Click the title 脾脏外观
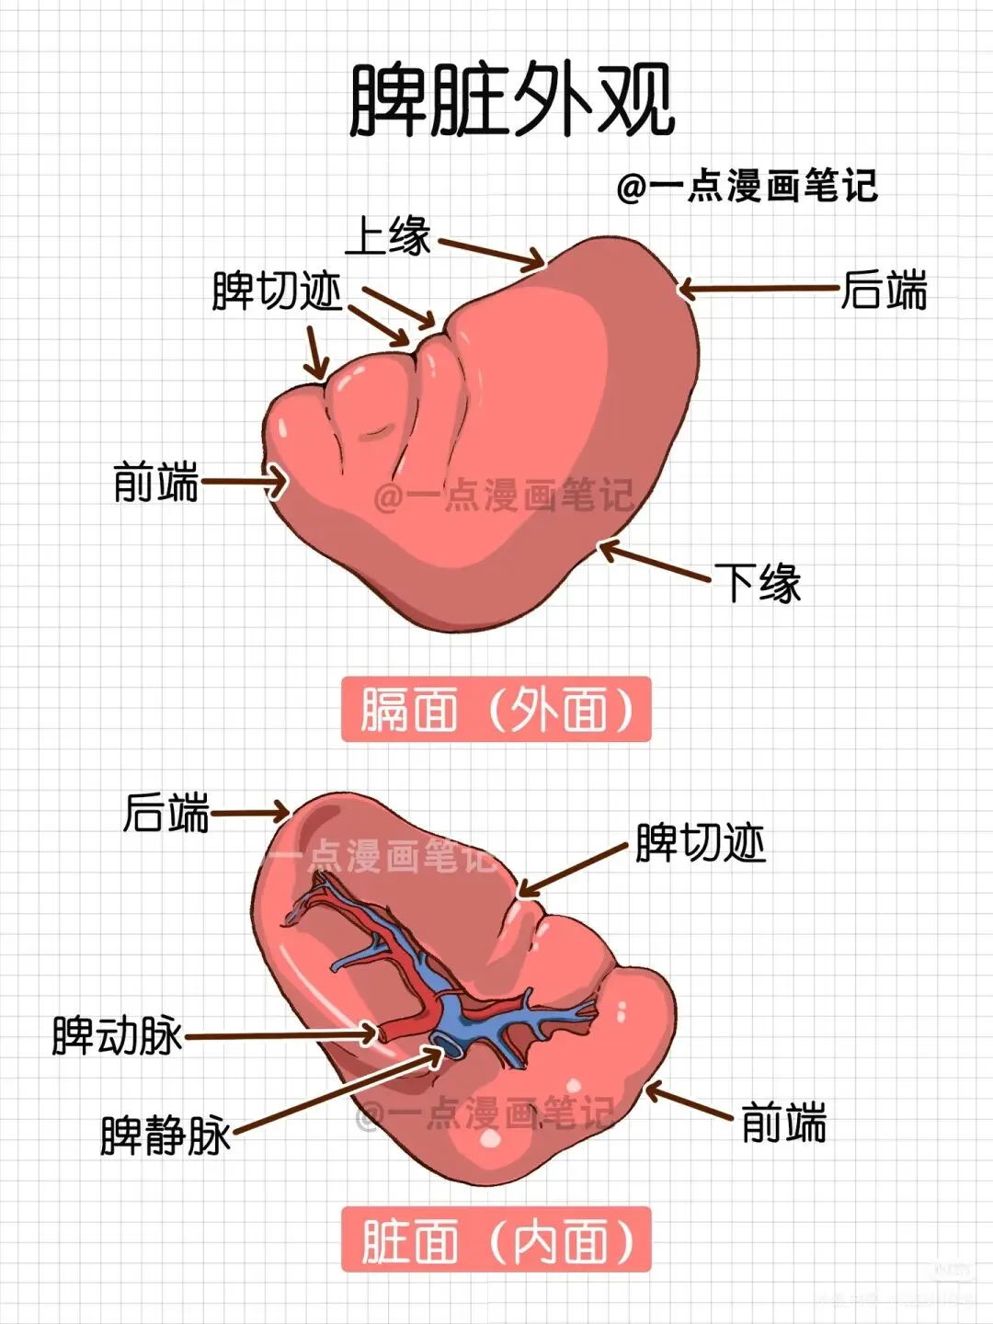[x=512, y=99]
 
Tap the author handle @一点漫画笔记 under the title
[x=748, y=187]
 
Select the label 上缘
[x=387, y=235]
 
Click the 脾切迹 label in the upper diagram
[x=277, y=291]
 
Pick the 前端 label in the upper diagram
[x=155, y=482]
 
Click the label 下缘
[x=759, y=583]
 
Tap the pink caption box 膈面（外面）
[x=496, y=710]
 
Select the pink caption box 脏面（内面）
[x=496, y=1239]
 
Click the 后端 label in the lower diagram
[x=166, y=813]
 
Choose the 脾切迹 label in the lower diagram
[x=701, y=843]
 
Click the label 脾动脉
[x=117, y=1035]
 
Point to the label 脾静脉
[x=165, y=1135]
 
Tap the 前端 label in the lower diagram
[x=783, y=1123]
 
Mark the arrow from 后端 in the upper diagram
[x=759, y=290]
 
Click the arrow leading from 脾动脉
[x=280, y=1035]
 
